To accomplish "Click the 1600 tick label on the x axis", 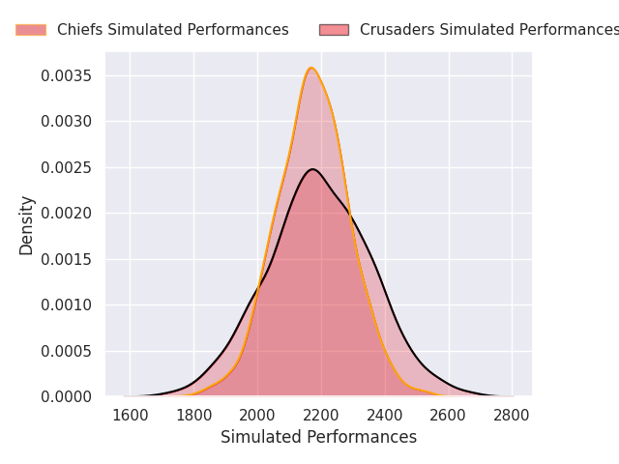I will (x=130, y=415).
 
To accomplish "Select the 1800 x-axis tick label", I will (x=193, y=415).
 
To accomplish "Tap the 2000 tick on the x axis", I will (x=257, y=415).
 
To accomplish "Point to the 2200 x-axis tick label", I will (x=321, y=415).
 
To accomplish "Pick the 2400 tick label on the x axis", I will (x=385, y=415).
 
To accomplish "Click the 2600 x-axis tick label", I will (x=448, y=415).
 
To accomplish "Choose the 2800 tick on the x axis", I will (x=512, y=415).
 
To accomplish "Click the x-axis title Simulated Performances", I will (x=318, y=437).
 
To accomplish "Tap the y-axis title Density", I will (x=27, y=224).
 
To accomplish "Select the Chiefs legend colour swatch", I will (x=31, y=30).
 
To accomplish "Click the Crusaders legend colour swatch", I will (x=334, y=30).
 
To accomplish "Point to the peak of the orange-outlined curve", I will (x=310, y=68).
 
